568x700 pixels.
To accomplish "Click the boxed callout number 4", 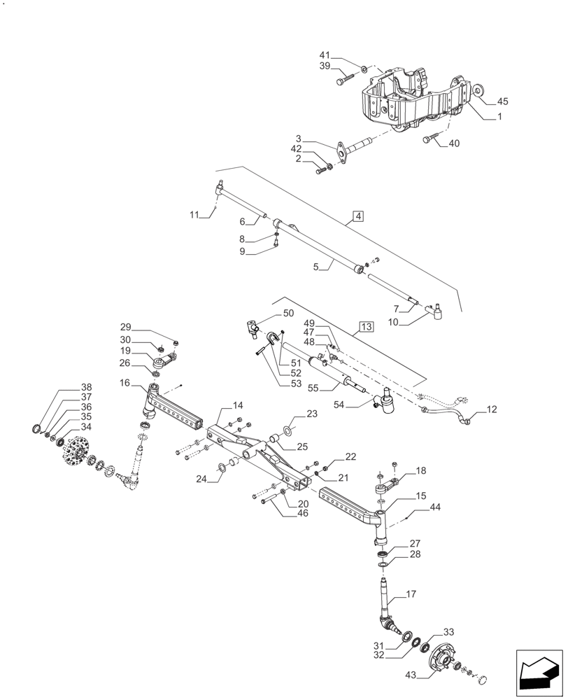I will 357,216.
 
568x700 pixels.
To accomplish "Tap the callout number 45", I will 502,101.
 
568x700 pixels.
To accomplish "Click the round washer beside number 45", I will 478,90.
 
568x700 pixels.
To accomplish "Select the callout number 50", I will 288,314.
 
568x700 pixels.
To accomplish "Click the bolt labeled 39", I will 341,81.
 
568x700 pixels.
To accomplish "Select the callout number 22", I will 350,456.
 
